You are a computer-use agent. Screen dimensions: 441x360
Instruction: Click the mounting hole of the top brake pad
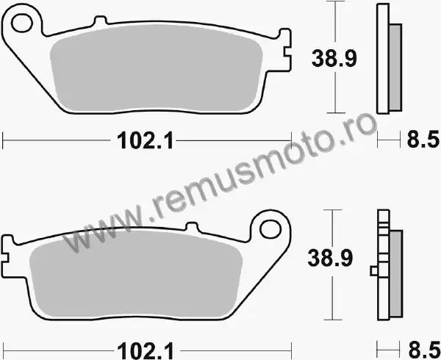(22, 23)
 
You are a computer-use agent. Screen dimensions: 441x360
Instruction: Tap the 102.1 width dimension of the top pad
(145, 140)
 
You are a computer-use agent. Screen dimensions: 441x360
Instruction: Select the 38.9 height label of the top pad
(334, 59)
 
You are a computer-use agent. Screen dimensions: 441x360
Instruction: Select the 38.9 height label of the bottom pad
(330, 258)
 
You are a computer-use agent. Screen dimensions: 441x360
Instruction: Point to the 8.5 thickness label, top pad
(423, 139)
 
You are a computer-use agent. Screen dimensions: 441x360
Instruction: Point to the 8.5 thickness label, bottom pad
(424, 350)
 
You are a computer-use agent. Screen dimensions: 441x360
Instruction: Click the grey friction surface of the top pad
(156, 68)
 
